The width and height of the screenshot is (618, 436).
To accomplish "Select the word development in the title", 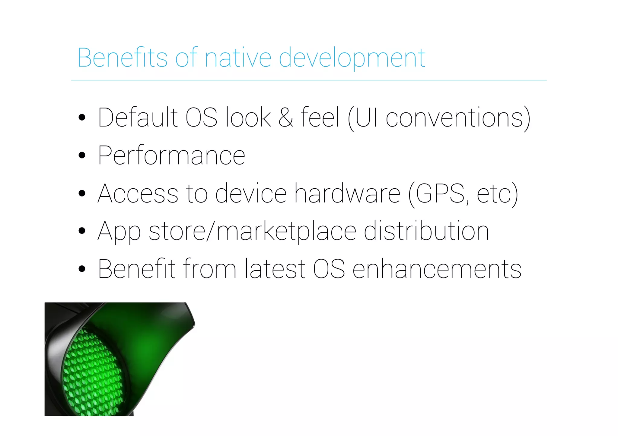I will (x=352, y=58).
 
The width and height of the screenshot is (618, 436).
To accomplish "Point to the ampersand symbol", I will (x=285, y=118).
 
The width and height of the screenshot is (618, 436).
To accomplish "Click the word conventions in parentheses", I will (x=454, y=118).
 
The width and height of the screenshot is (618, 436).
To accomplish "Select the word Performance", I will (x=171, y=155).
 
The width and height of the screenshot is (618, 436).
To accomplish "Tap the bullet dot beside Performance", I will (x=82, y=155).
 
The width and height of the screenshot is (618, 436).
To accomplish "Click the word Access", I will (x=138, y=193).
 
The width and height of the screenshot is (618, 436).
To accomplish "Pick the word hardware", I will (x=347, y=193).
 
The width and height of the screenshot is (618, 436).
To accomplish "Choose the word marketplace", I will (x=286, y=231).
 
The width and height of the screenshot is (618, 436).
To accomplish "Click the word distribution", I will (x=426, y=231).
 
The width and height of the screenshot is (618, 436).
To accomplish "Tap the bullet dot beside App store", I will (x=82, y=231).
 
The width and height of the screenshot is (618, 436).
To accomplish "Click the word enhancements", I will (x=437, y=269).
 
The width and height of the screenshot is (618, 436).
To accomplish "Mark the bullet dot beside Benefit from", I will (x=82, y=269).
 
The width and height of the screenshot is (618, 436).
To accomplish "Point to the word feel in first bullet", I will (x=320, y=118).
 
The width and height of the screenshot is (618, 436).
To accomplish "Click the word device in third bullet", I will (x=251, y=193).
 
